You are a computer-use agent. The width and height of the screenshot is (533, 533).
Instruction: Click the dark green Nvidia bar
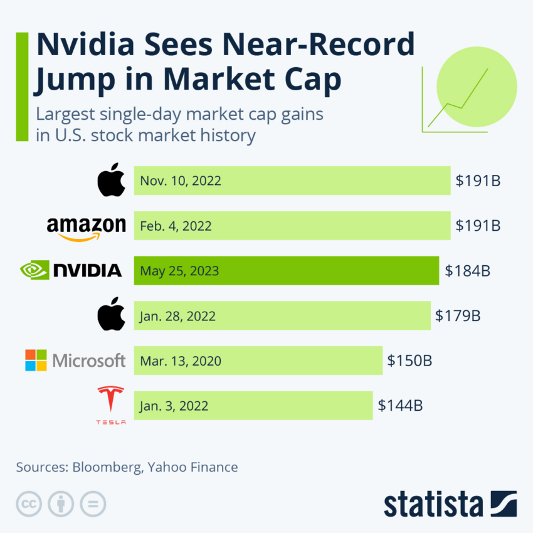tap(286, 271)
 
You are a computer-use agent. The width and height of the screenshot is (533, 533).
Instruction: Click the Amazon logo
tap(86, 227)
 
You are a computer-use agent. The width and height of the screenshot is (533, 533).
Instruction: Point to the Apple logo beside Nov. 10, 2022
tap(111, 181)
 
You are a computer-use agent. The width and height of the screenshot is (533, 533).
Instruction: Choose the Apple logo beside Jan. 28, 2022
tap(111, 315)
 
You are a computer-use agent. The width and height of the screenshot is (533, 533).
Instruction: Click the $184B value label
tap(467, 271)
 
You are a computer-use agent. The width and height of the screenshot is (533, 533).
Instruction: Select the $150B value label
tap(409, 361)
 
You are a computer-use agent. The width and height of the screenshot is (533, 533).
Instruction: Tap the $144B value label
tap(400, 406)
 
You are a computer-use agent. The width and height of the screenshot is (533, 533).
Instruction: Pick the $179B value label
tap(458, 316)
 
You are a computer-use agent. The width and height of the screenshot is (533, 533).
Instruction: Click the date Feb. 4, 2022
tap(176, 226)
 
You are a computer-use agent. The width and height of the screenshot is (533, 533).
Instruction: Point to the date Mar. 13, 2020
tap(181, 361)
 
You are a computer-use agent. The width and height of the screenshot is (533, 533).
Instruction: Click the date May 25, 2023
tap(179, 271)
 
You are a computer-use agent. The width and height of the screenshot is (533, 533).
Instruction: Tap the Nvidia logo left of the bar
tap(71, 270)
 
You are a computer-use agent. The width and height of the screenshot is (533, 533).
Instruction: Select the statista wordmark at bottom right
tap(433, 505)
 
